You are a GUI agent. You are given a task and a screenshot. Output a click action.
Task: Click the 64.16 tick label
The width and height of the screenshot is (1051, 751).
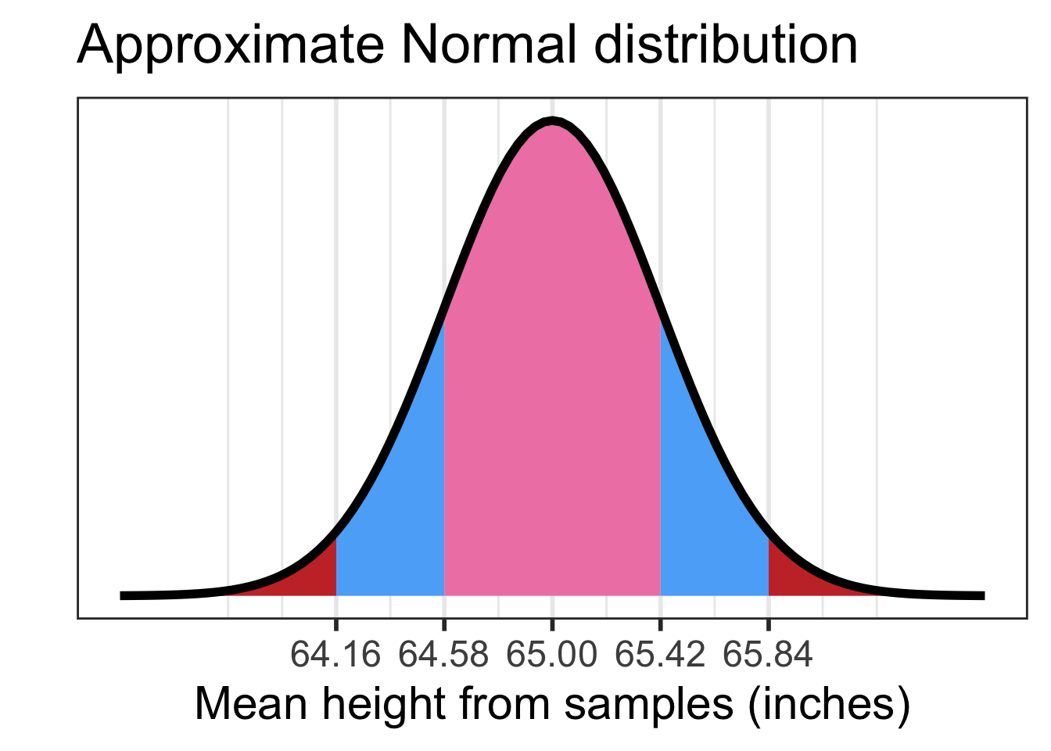(x=335, y=654)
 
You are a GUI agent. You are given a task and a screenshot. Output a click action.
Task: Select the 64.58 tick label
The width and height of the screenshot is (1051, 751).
(x=443, y=654)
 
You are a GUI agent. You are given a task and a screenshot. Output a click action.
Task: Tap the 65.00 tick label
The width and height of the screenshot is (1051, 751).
(x=552, y=654)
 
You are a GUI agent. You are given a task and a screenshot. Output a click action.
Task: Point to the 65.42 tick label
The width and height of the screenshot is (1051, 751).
(x=660, y=654)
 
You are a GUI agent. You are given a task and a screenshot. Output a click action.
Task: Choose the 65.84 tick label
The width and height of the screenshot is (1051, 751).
(x=768, y=654)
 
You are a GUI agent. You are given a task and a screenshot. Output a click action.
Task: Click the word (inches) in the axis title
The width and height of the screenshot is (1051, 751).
(x=829, y=705)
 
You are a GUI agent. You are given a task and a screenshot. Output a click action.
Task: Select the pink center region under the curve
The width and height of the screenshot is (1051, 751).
(x=552, y=391)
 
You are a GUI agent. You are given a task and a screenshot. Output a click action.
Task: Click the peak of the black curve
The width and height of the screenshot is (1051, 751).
(x=552, y=121)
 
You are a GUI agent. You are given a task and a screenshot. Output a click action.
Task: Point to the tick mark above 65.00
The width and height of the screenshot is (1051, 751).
(x=552, y=624)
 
